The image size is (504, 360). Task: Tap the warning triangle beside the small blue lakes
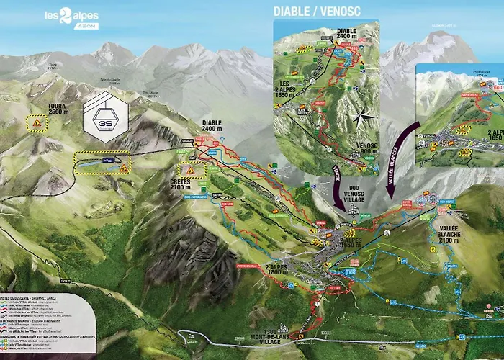pos(125,168)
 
